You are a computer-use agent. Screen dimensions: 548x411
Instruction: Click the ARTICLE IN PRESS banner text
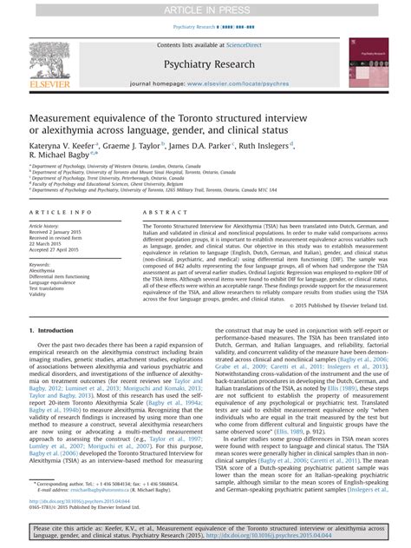click(x=205, y=8)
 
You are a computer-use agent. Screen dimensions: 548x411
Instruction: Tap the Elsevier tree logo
click(x=46, y=60)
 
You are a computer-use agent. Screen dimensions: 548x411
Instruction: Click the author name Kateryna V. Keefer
click(x=61, y=147)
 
